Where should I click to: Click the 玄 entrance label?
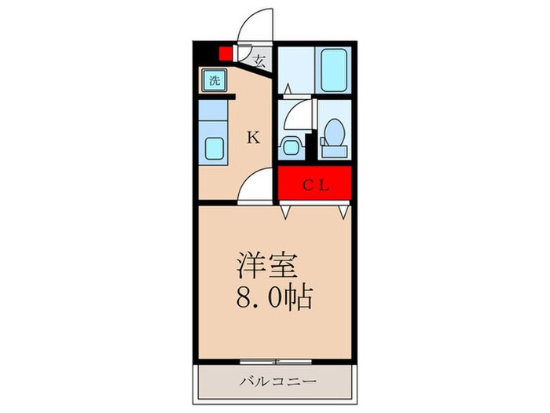[258, 58]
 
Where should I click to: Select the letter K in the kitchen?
[253, 138]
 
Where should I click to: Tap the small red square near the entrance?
[225, 54]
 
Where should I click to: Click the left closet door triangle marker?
[287, 211]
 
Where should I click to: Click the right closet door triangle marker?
[343, 211]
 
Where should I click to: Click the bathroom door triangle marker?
[288, 89]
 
